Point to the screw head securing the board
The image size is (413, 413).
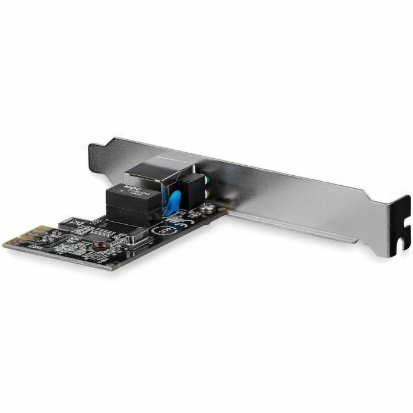[206, 208]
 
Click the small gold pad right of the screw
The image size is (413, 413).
[219, 208]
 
